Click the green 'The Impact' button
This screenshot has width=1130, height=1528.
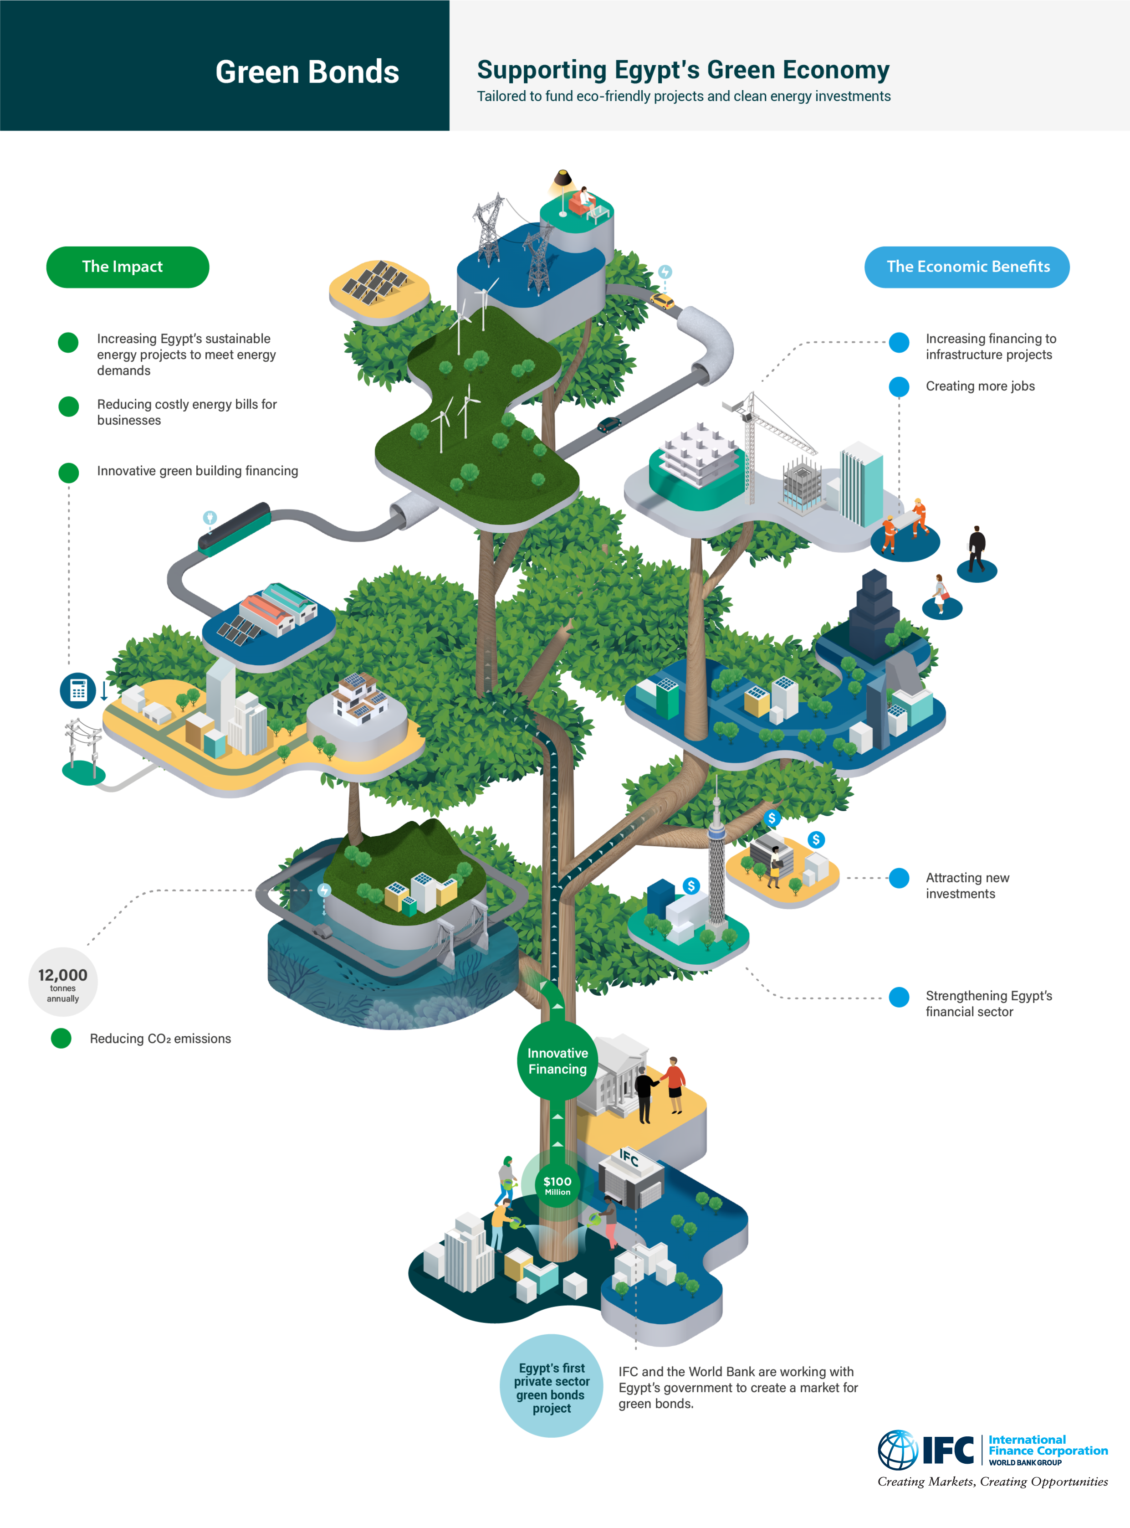click(127, 267)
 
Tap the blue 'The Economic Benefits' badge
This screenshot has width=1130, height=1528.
click(966, 267)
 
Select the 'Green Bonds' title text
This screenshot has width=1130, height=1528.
click(307, 72)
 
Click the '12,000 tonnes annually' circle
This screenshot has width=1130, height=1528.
click(63, 982)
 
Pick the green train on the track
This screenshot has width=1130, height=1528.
click(235, 529)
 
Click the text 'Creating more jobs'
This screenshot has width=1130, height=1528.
click(980, 386)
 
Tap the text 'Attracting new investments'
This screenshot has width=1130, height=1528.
click(966, 885)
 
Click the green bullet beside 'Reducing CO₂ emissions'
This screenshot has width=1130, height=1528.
click(61, 1038)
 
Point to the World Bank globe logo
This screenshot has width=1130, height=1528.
click(897, 1449)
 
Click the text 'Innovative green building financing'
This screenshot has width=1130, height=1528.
click(197, 471)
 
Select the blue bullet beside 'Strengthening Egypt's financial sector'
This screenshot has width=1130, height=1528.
click(899, 997)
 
